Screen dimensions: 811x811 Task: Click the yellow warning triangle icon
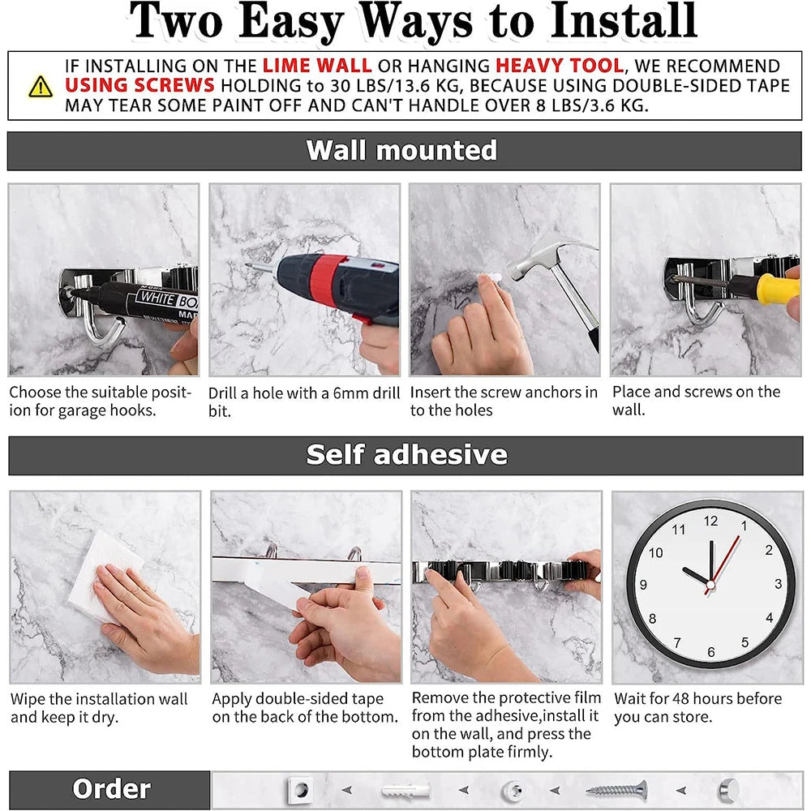click(40, 87)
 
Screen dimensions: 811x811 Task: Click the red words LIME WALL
click(317, 67)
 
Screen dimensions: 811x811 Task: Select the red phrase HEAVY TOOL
click(559, 67)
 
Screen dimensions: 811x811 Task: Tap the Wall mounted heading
click(401, 151)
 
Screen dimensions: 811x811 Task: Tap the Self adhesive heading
click(406, 455)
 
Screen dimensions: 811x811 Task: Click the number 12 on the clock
click(710, 521)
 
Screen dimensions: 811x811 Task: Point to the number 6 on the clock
click(710, 651)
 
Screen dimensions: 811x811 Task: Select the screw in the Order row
click(616, 789)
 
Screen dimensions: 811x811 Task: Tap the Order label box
click(110, 789)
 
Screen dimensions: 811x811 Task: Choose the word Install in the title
click(622, 22)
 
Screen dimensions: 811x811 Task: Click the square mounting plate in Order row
click(300, 789)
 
